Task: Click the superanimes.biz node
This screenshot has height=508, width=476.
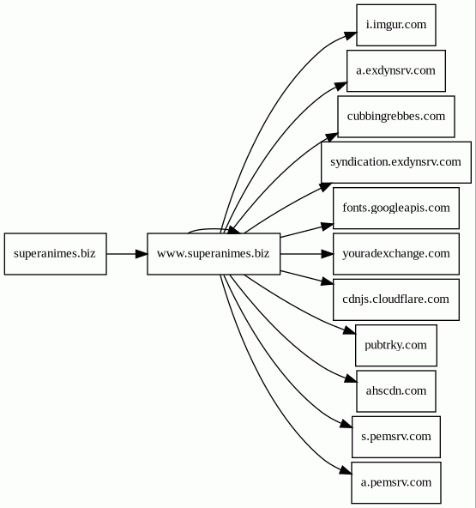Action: click(x=56, y=254)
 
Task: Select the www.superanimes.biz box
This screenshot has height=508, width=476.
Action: click(x=214, y=254)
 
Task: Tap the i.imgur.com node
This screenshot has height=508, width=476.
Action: click(x=396, y=25)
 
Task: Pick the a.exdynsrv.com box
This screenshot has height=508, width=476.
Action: click(x=396, y=70)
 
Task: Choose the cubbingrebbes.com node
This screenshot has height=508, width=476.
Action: click(x=396, y=117)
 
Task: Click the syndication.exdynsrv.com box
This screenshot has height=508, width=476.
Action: click(x=396, y=162)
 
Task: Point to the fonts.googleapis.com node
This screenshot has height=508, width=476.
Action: click(x=396, y=208)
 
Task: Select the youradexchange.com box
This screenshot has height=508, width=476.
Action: click(x=396, y=254)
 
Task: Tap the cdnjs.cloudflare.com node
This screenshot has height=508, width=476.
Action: click(x=396, y=299)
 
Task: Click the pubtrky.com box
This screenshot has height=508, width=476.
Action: click(x=396, y=345)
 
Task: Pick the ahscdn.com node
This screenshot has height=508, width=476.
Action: click(x=396, y=391)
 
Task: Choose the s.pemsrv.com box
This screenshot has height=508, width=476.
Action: click(x=396, y=437)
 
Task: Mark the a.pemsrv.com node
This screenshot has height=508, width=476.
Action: click(x=396, y=483)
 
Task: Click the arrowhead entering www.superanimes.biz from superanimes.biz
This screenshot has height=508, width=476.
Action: click(x=142, y=254)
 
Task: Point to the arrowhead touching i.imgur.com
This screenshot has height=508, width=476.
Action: click(x=351, y=35)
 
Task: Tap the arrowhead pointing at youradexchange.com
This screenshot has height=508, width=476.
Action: click(x=327, y=254)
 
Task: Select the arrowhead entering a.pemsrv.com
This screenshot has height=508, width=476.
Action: click(x=346, y=471)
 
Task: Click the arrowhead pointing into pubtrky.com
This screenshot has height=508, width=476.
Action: click(x=350, y=330)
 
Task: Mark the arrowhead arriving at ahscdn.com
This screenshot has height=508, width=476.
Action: click(x=351, y=378)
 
